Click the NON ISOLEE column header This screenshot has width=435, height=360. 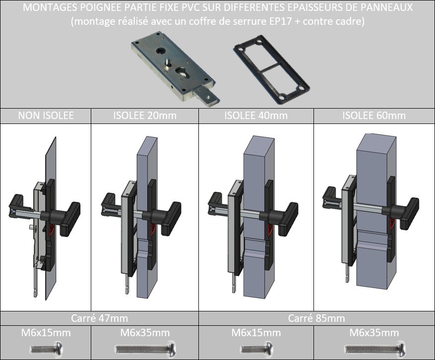[46, 116]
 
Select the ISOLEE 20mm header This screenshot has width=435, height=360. [145, 116]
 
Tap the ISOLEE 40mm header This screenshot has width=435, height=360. [256, 116]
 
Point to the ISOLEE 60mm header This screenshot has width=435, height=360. [374, 116]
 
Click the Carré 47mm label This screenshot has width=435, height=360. [99, 318]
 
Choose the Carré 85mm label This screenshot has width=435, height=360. [316, 318]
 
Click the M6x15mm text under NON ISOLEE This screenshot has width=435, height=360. [46, 333]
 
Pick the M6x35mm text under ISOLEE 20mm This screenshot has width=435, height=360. [145, 333]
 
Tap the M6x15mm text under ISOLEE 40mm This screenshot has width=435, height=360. [256, 333]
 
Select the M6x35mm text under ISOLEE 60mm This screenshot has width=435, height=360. [374, 333]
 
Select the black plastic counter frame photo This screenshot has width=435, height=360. [272, 69]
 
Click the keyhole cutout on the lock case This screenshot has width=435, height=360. [181, 71]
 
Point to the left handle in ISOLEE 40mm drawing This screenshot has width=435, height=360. [217, 203]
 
